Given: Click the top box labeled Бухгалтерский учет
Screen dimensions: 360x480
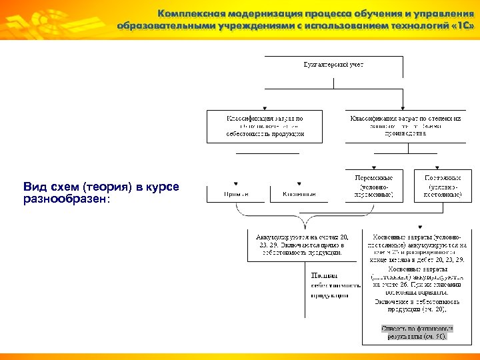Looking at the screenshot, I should tap(334, 64).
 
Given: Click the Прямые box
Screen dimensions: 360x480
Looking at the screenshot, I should tap(236, 194).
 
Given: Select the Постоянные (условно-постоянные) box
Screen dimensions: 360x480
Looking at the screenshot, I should tap(439, 186).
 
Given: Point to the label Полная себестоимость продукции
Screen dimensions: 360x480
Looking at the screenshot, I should tap(329, 284).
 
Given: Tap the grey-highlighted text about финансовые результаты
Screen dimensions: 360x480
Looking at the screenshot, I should tap(417, 332).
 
